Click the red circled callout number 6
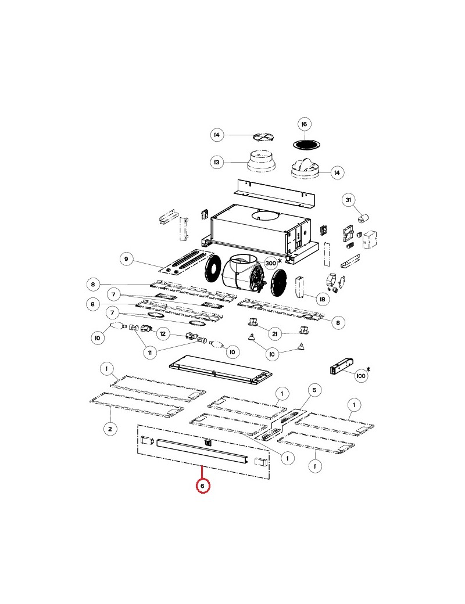[x=203, y=486]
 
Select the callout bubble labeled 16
[x=304, y=124]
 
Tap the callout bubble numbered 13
[x=217, y=162]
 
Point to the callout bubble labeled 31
[x=348, y=200]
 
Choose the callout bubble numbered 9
[x=126, y=259]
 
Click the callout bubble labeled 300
[x=271, y=263]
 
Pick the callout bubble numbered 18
[x=323, y=299]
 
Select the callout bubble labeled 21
[x=274, y=334]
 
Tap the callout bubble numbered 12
[x=163, y=333]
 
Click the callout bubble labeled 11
[x=149, y=353]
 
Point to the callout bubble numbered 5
[x=314, y=390]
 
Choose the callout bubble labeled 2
[x=110, y=429]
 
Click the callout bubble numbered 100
[x=360, y=376]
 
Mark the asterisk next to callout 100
[x=368, y=369]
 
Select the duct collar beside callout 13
[x=262, y=161]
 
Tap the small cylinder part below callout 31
[x=363, y=218]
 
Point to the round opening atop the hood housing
[x=266, y=215]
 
